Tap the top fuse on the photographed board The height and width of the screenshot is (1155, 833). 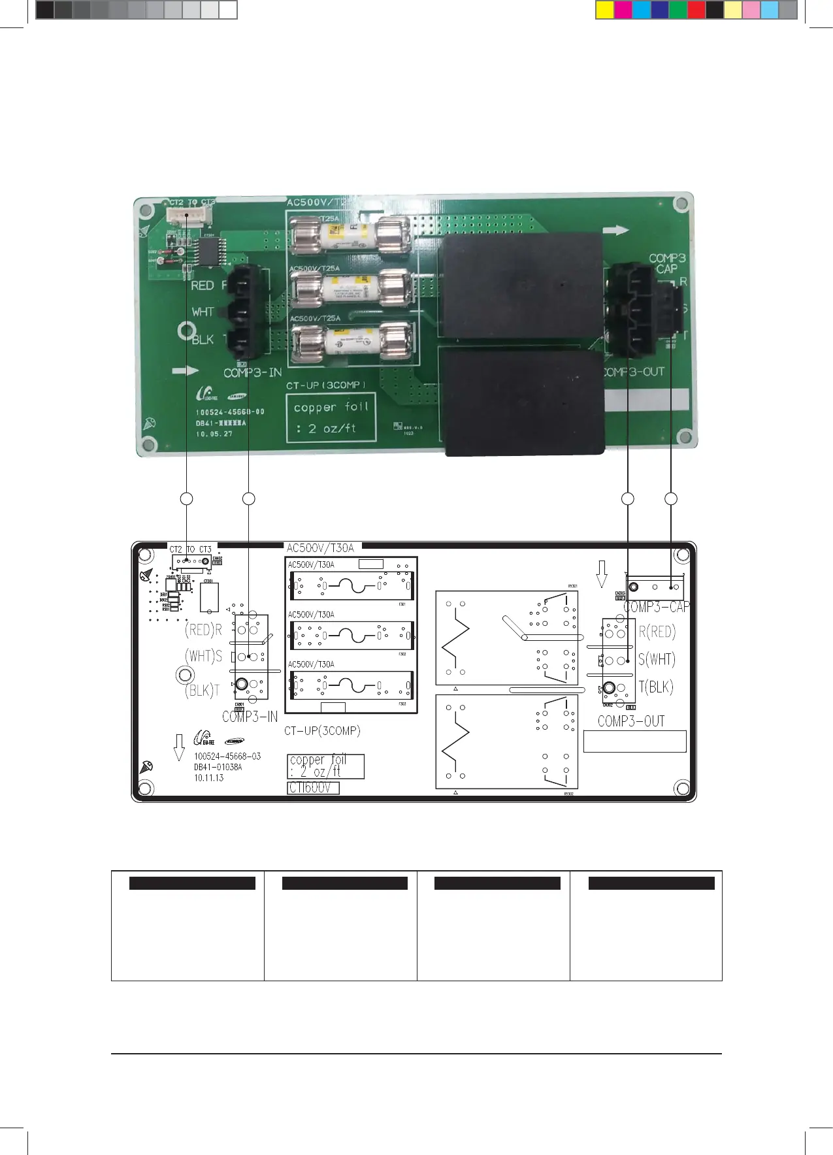point(350,237)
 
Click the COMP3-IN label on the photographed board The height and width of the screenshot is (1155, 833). point(253,373)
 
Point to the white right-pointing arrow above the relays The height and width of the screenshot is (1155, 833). point(616,230)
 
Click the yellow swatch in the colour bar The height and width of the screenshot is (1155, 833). point(605,10)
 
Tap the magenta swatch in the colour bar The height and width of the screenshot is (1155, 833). point(623,10)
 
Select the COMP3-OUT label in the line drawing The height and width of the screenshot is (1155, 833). point(631,721)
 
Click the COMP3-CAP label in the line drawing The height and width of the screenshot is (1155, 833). point(655,608)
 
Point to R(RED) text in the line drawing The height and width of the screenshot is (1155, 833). point(657,632)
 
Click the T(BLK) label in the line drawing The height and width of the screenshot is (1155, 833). point(655,687)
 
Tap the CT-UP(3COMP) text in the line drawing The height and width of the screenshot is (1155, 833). point(322,731)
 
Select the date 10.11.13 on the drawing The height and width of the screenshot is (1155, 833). point(209,778)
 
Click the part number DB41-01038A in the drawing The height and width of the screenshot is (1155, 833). point(218,767)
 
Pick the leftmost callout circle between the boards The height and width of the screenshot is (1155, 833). point(187,499)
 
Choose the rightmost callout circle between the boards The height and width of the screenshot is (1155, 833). point(671,499)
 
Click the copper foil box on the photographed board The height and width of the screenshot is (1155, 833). point(331,417)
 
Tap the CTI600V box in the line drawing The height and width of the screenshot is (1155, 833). point(313,788)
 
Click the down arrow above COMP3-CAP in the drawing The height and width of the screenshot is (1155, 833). point(602,574)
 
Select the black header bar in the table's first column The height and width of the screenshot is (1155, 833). point(192,883)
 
